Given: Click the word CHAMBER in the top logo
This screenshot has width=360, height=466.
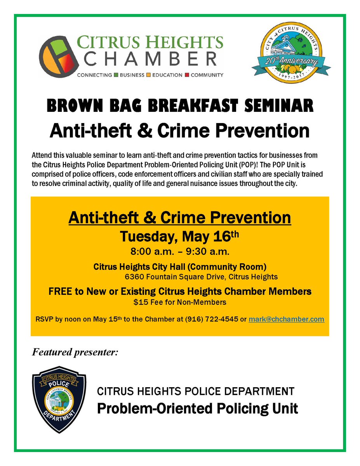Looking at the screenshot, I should pos(151,60).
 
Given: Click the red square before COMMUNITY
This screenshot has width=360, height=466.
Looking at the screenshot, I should pos(187,75).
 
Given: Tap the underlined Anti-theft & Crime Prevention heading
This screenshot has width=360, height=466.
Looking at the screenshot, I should pos(180,217).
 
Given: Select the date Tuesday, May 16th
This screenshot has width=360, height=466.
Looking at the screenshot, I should pos(179,237).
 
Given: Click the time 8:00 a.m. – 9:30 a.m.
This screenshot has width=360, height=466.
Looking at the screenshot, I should pos(180,252).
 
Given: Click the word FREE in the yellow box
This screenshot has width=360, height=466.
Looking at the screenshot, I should pos(59,291).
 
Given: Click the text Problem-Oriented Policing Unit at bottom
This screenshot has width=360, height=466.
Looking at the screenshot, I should pos(197,409).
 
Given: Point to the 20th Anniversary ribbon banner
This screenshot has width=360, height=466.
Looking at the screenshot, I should pos(294,63).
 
